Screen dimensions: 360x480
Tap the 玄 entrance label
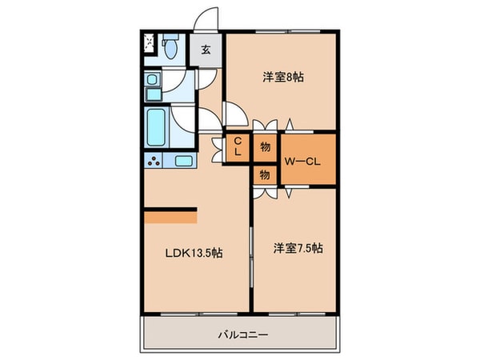pyautogui.click(x=206, y=50)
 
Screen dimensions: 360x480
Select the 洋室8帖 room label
pyautogui.click(x=283, y=77)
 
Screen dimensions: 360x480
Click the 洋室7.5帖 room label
pyautogui.click(x=296, y=248)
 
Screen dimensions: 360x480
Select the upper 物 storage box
pyautogui.click(x=265, y=146)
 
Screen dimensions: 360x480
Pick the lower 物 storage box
pyautogui.click(x=265, y=174)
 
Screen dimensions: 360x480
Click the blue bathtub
pyautogui.click(x=156, y=126)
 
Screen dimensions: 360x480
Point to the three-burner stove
pyautogui.click(x=154, y=162)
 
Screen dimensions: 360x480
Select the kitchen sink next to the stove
pyautogui.click(x=183, y=162)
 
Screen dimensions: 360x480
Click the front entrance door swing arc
pyautogui.click(x=207, y=19)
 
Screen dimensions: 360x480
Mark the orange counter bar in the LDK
pyautogui.click(x=170, y=214)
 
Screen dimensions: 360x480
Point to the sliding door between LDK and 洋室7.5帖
pyautogui.click(x=252, y=256)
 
